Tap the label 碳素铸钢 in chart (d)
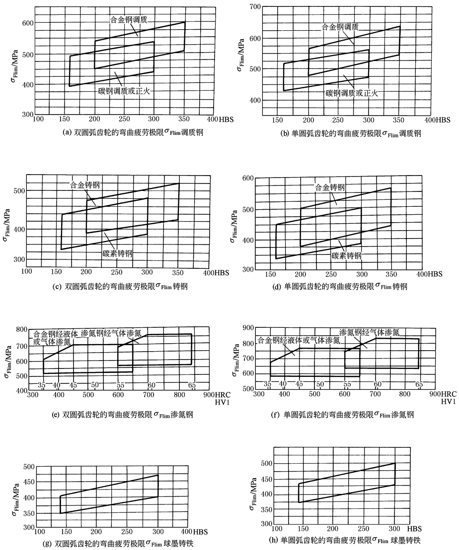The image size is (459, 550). pyautogui.click(x=347, y=255)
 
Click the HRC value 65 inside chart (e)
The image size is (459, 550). pyautogui.click(x=191, y=385)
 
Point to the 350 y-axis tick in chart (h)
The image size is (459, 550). pyautogui.click(x=267, y=509)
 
